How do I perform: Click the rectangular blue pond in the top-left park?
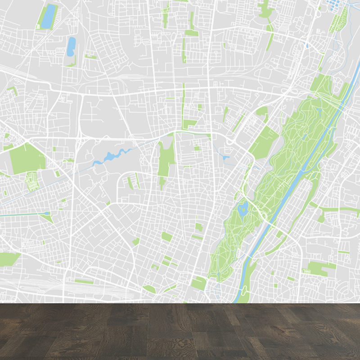48,16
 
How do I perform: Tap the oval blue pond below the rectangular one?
71,46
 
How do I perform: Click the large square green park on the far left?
27,158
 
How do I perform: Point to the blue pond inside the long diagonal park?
243,208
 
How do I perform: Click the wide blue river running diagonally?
288,189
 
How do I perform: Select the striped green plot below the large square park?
31,181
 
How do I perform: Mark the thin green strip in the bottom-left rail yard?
84,282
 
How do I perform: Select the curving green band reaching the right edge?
337,209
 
